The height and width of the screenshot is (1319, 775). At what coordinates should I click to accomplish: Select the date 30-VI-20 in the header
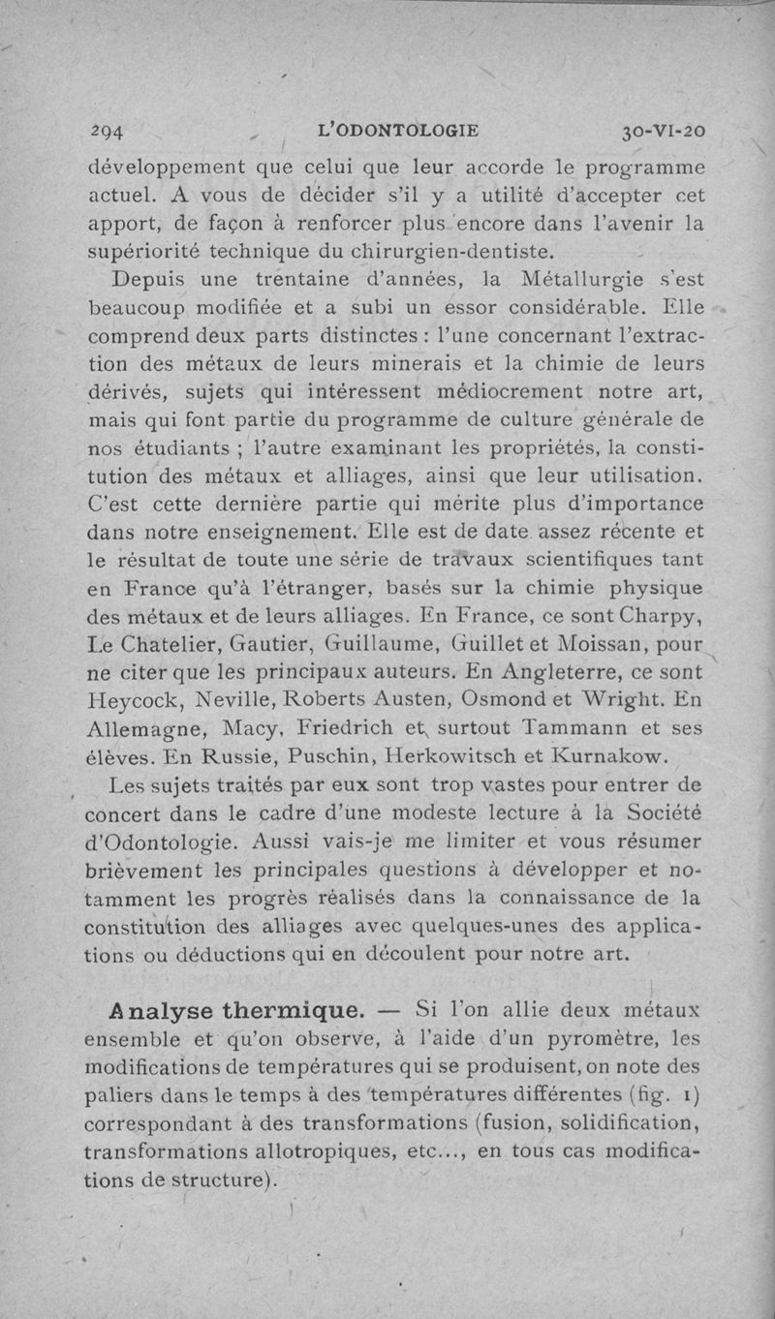[x=664, y=130]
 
